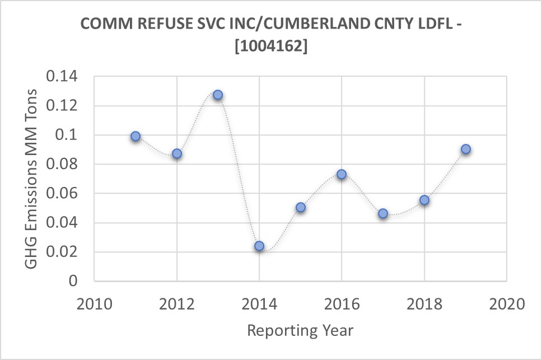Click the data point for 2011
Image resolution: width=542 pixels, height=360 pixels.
tap(135, 136)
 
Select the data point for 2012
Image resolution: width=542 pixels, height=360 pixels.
tap(177, 153)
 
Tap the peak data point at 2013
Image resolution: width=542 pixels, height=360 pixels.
tap(218, 95)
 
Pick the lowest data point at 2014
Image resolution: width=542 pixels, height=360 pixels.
tap(259, 246)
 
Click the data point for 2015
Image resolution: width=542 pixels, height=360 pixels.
tap(301, 207)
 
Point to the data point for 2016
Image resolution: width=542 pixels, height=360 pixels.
tap(342, 174)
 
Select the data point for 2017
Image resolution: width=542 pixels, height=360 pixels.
tap(383, 213)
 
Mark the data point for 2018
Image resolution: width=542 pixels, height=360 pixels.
tap(424, 200)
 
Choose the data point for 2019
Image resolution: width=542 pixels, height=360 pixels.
tap(465, 149)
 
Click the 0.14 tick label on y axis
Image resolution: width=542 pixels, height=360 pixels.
tap(62, 77)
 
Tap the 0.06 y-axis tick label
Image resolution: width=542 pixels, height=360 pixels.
tap(62, 193)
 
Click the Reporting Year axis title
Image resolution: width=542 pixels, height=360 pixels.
tap(300, 330)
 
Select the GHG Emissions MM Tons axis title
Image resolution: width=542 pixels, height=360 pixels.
tap(32, 178)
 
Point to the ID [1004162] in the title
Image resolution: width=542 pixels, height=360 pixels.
tap(271, 47)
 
